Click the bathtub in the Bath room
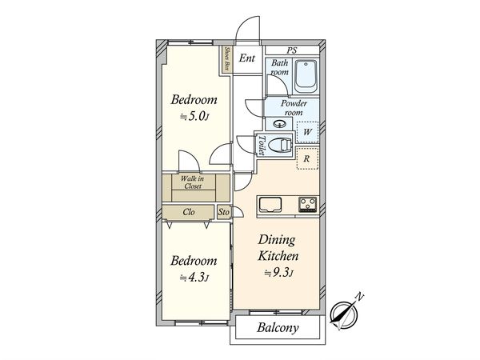tap(306, 76)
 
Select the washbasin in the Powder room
tap(279, 124)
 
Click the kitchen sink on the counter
tap(270, 205)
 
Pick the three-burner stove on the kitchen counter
tap(308, 205)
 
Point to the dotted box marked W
tap(307, 132)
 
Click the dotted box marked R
tap(307, 158)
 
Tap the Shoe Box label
tap(227, 58)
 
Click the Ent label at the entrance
tap(246, 58)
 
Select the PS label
tap(292, 50)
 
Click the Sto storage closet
tap(224, 212)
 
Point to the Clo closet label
tap(188, 212)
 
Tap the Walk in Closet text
tap(193, 182)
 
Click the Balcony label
tap(278, 327)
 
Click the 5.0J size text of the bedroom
tap(194, 117)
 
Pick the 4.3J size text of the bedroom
tap(194, 278)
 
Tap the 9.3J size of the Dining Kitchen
tap(279, 273)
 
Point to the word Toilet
tap(261, 145)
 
